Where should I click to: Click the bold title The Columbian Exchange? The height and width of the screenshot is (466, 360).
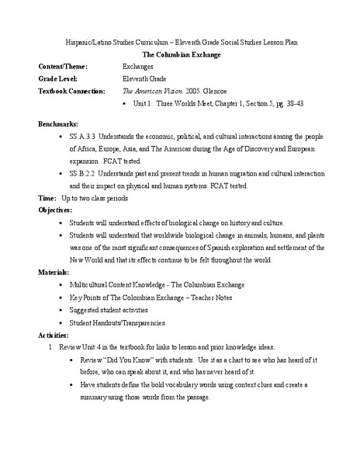coord(179,54)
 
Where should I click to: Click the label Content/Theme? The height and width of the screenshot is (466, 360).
coord(64,67)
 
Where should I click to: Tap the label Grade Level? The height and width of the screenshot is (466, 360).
coord(59,78)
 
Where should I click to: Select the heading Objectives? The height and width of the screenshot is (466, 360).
coord(56,210)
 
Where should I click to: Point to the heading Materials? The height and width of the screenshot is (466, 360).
coord(54,273)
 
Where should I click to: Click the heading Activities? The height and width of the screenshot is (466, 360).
coord(54,335)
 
